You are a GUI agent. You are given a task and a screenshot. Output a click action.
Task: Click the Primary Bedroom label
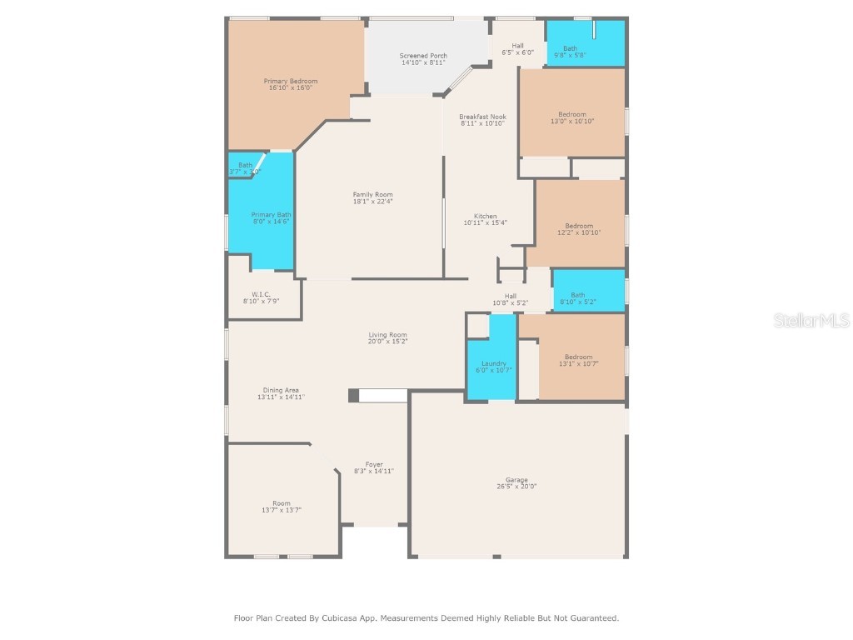click(291, 81)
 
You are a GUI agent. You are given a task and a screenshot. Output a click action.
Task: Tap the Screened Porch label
click(423, 56)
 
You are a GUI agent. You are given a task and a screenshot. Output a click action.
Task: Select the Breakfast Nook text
click(482, 117)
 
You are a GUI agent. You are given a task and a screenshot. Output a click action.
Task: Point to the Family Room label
click(372, 195)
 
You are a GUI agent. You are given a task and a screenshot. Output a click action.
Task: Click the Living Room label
click(388, 335)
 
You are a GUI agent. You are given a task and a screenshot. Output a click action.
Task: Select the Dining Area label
click(281, 390)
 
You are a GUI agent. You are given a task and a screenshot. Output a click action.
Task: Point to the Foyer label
click(374, 464)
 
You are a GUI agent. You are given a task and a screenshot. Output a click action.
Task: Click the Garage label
click(516, 480)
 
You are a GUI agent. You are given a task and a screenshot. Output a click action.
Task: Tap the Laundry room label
click(494, 363)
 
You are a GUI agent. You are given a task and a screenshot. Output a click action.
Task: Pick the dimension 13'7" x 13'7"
click(281, 509)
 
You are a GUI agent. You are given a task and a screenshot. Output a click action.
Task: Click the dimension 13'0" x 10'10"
click(571, 122)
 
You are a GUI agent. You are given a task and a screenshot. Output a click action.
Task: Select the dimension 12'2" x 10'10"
click(579, 232)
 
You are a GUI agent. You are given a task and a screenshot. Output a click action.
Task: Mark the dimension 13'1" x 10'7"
click(578, 363)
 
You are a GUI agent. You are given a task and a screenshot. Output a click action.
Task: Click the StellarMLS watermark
click(811, 320)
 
